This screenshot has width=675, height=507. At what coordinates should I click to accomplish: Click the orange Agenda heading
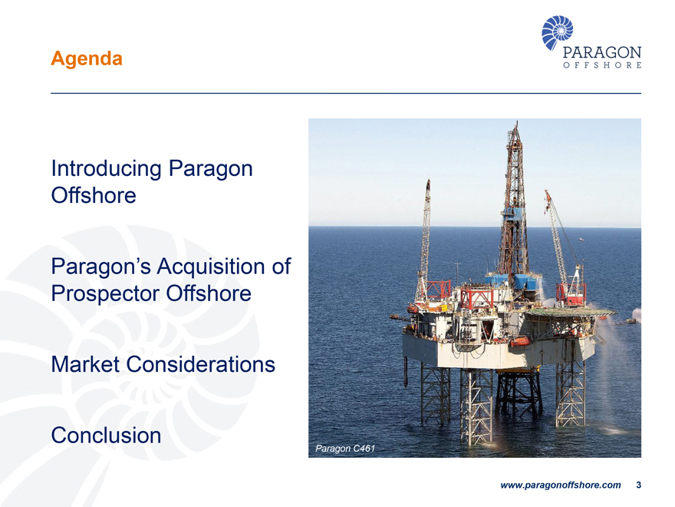pyautogui.click(x=87, y=58)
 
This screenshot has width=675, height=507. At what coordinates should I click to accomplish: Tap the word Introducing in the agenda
pyautogui.click(x=107, y=169)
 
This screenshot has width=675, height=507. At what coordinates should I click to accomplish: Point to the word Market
pyautogui.click(x=85, y=364)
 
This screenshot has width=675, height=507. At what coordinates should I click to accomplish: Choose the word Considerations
pyautogui.click(x=201, y=364)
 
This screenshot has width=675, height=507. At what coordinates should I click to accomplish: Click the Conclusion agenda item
pyautogui.click(x=106, y=435)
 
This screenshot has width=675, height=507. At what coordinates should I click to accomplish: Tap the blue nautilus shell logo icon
pyautogui.click(x=557, y=32)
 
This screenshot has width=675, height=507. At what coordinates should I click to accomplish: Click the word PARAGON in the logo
pyautogui.click(x=602, y=52)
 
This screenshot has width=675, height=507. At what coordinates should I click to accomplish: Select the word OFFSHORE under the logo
pyautogui.click(x=602, y=65)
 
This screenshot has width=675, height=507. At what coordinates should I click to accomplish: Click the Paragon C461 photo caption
pyautogui.click(x=345, y=449)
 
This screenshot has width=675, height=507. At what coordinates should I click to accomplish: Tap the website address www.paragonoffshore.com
pyautogui.click(x=561, y=485)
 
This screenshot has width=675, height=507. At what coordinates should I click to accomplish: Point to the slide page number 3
pyautogui.click(x=638, y=485)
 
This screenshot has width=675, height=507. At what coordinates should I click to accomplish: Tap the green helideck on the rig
pyautogui.click(x=571, y=312)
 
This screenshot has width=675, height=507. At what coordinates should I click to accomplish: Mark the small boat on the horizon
pyautogui.click(x=581, y=238)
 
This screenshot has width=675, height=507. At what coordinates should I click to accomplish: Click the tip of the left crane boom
pyautogui.click(x=428, y=181)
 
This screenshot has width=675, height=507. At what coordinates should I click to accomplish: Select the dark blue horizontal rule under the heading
pyautogui.click(x=346, y=93)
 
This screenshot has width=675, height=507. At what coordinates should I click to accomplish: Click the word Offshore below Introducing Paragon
pyautogui.click(x=94, y=196)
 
